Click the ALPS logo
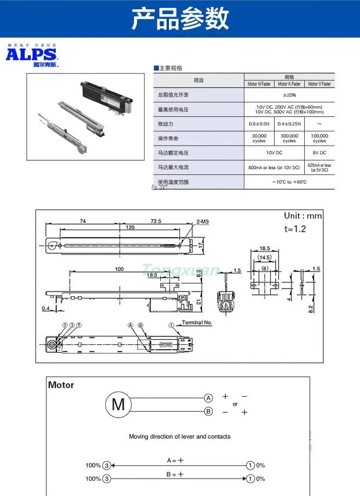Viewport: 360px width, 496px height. (33, 55)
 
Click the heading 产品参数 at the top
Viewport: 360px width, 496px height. (179, 19)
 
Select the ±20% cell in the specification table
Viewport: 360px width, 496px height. (289, 95)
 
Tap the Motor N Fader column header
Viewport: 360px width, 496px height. (259, 84)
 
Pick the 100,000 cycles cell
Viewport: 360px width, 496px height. (319, 138)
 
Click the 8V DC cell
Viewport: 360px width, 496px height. (319, 153)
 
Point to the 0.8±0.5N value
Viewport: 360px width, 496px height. (259, 124)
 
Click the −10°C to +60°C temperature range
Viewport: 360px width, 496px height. (289, 182)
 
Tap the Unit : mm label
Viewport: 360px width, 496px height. (303, 215)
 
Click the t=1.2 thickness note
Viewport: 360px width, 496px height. (295, 228)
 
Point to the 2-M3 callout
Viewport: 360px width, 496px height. (203, 221)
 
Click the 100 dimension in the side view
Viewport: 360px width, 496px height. (119, 269)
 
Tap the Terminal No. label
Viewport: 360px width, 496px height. (198, 322)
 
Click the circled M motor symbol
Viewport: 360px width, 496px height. (118, 404)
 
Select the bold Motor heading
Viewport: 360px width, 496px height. (61, 384)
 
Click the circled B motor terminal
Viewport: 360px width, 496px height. (208, 412)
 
